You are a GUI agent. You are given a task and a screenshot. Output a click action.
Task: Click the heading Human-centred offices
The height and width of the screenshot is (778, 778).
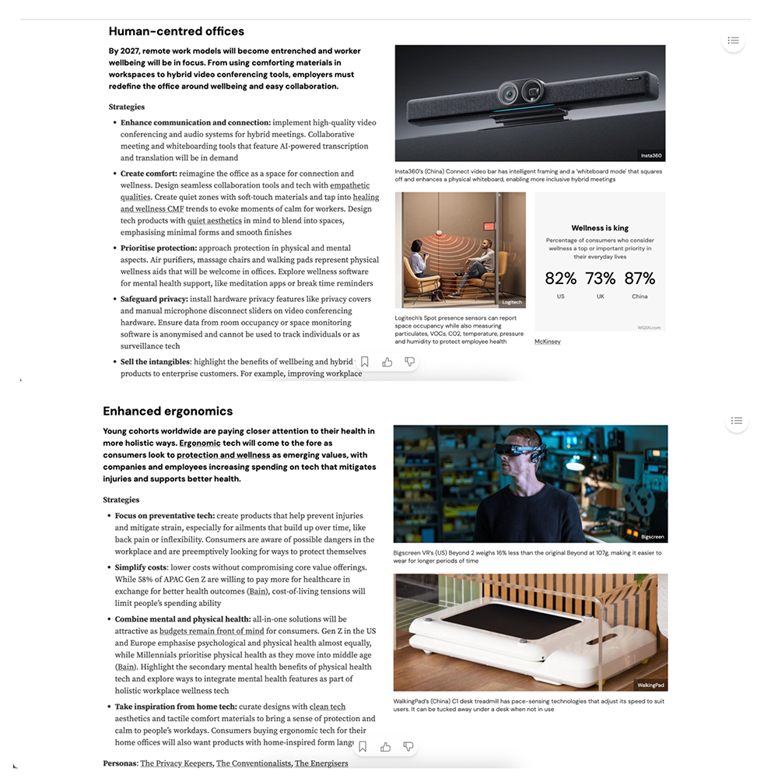tap(177, 32)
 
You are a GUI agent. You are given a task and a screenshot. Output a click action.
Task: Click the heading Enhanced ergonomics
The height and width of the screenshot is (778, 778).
tap(168, 412)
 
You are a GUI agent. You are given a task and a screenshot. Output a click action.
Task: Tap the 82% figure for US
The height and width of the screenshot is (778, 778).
tap(560, 279)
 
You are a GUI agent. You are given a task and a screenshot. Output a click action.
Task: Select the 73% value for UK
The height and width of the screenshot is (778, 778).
tap(600, 279)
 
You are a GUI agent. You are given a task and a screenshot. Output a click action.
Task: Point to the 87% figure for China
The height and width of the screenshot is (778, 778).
tap(640, 279)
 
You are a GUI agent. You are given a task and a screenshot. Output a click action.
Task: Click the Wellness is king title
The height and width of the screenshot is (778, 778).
tap(600, 228)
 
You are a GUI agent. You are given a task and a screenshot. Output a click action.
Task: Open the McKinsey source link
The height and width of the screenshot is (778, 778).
tap(548, 342)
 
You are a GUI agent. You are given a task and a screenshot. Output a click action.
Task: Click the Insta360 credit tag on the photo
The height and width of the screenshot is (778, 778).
tap(651, 156)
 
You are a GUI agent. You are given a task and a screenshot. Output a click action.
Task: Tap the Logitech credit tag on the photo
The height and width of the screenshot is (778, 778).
tap(512, 302)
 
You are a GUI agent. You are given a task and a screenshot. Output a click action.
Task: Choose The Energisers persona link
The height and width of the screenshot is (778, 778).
tap(321, 763)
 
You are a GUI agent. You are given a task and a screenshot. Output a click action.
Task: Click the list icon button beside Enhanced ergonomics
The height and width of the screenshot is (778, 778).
tap(736, 421)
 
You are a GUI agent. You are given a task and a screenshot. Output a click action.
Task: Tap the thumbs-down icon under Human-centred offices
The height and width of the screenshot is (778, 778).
tap(410, 362)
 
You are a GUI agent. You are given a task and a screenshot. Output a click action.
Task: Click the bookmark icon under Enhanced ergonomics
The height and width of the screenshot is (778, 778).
tap(363, 747)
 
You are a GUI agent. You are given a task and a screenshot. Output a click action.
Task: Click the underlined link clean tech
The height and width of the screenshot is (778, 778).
tap(328, 706)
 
